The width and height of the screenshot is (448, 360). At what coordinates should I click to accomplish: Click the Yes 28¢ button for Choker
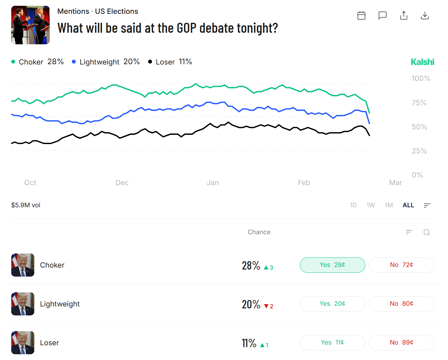point(332,265)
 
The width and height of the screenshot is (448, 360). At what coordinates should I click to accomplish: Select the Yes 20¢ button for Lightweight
point(332,304)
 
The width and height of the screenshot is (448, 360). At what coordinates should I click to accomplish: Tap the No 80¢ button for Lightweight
point(402,304)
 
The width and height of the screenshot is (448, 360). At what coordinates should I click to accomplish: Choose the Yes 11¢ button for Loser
point(332,343)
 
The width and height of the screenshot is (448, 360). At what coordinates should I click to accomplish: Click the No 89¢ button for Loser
point(402,343)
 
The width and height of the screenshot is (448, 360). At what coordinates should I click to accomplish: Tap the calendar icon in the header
point(361,15)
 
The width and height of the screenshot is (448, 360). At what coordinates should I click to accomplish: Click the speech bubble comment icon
point(382,15)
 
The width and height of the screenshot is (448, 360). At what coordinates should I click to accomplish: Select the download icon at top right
point(425,15)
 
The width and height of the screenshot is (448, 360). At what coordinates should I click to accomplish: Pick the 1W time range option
point(370,205)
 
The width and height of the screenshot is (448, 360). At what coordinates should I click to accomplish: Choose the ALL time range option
point(408,205)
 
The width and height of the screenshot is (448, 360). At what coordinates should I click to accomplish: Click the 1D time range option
point(353,205)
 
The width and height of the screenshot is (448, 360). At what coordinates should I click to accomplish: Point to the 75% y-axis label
point(419,103)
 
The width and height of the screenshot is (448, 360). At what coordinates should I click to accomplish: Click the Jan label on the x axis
point(213,183)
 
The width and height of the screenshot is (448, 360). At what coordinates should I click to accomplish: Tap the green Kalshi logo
point(422,62)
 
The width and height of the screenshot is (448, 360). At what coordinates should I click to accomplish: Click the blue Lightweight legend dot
point(74,62)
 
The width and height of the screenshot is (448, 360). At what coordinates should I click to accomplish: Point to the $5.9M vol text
point(26,205)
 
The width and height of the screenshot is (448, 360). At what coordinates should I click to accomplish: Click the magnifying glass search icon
point(427,232)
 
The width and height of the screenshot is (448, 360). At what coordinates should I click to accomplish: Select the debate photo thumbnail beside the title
point(30,25)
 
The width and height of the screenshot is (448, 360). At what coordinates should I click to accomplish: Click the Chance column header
point(259,232)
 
